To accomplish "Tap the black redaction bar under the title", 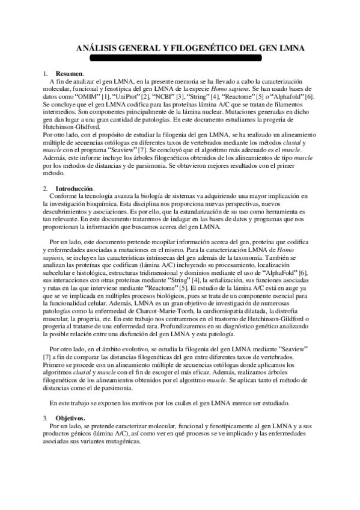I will (x=176, y=58).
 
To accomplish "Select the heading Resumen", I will (x=69, y=73).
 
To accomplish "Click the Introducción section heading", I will (x=75, y=188).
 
